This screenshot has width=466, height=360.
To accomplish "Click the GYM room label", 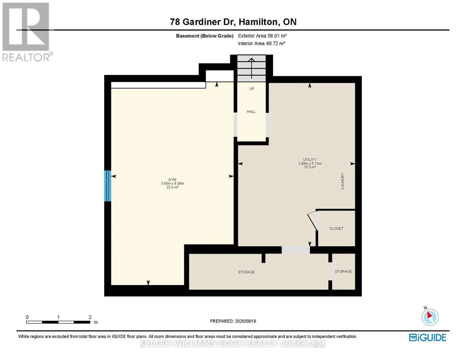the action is [172, 180].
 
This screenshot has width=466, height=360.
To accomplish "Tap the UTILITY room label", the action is [310, 160].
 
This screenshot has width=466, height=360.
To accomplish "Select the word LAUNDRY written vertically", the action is [342, 181].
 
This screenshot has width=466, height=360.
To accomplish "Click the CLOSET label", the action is [336, 229].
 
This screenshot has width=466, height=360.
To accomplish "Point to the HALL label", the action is [251, 112].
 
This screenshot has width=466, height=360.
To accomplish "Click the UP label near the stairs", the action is [251, 89].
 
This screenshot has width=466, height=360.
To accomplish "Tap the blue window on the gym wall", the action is [108, 186].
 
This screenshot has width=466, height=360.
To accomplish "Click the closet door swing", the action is [312, 221].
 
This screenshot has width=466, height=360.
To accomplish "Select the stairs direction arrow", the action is [251, 68].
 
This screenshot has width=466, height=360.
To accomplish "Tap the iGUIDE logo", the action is [428, 338].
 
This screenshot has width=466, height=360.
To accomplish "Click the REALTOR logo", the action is [27, 32].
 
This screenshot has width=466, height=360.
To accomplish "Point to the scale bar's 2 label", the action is [90, 317].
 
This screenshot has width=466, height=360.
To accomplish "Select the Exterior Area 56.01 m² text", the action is [262, 36].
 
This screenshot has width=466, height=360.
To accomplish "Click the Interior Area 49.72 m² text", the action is [261, 43].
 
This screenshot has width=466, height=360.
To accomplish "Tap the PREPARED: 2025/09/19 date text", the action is [233, 321].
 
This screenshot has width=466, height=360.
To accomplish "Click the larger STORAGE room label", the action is [246, 272].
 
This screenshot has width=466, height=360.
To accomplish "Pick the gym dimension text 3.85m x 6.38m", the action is [173, 184].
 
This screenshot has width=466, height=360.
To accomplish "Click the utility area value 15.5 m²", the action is [310, 167].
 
